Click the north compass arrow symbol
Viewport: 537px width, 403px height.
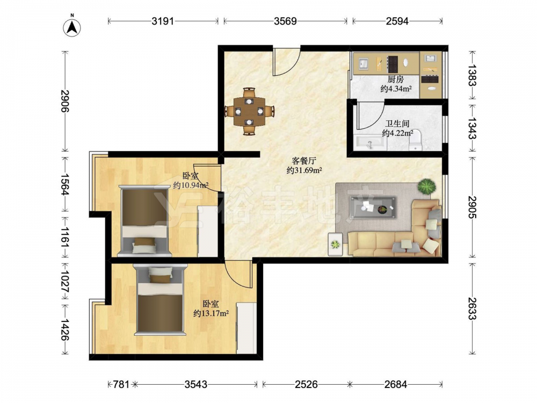point(72,27)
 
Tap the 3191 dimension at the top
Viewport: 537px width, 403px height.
point(163,21)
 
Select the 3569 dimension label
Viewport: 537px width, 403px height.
point(285,21)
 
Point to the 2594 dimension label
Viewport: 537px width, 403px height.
point(397,21)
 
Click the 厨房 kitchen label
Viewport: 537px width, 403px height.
point(396,80)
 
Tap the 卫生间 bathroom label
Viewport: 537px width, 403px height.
point(397,124)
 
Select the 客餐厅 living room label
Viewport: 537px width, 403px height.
point(304,160)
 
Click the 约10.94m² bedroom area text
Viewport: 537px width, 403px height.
point(191,185)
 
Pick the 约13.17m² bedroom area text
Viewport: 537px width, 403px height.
point(211,313)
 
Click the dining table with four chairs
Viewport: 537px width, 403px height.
point(249,111)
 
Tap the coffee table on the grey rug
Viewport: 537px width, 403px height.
point(373,207)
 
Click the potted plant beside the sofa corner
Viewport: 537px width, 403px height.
point(427,187)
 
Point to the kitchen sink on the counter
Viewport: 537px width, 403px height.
point(364,64)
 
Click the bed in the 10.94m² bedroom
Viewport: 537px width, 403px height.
point(144,221)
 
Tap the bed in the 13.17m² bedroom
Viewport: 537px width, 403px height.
point(160,300)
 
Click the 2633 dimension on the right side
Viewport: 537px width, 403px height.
point(473,308)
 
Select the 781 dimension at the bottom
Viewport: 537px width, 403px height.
point(121,385)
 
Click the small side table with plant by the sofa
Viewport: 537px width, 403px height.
point(335,244)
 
